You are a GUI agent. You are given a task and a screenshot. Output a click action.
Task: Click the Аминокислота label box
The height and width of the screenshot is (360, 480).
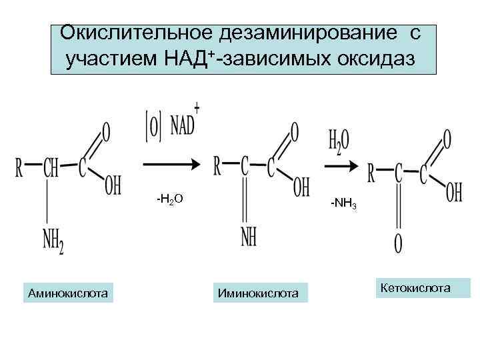[x=69, y=291]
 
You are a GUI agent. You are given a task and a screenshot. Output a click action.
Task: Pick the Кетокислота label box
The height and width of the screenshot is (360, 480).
[x=423, y=287]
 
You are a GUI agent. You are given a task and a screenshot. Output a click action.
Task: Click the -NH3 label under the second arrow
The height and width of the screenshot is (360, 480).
[x=344, y=205]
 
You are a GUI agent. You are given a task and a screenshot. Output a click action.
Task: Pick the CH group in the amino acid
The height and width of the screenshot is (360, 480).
[x=51, y=168]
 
